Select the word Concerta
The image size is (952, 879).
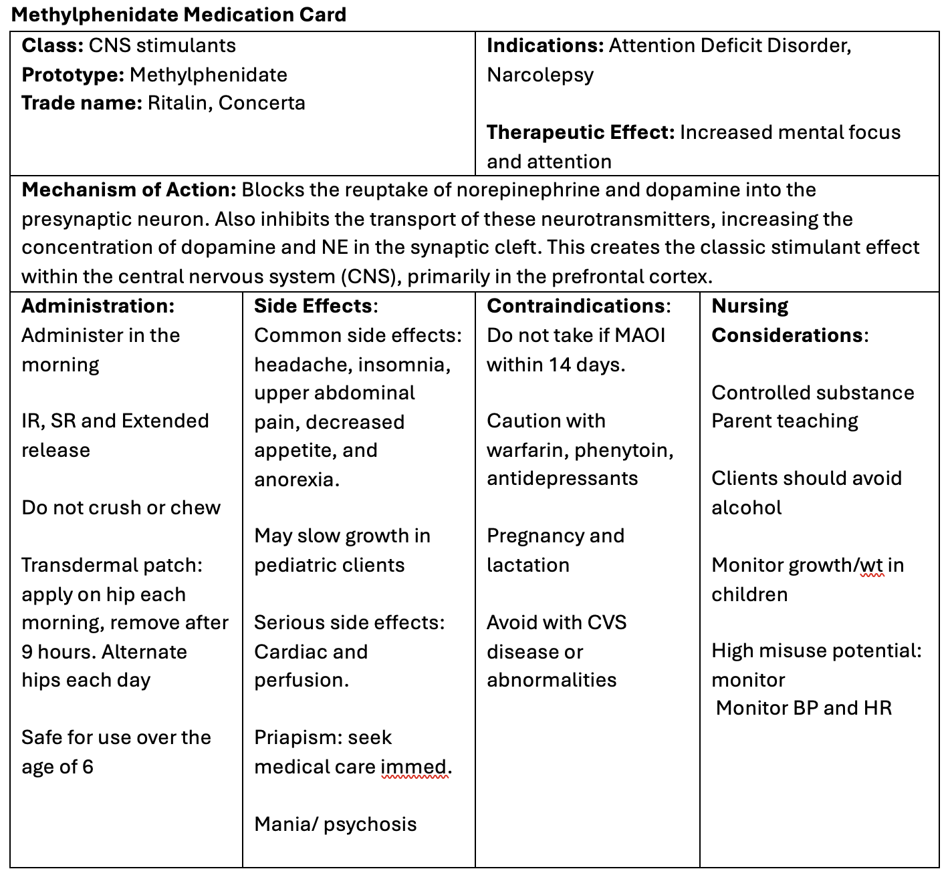(261, 103)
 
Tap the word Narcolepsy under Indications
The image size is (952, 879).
(540, 75)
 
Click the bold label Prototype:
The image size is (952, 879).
(73, 75)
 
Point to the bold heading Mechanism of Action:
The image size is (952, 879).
(129, 190)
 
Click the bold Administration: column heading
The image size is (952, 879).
(98, 306)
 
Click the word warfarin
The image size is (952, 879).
(527, 450)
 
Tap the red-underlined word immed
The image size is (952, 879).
(414, 767)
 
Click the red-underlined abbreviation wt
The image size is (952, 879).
(871, 565)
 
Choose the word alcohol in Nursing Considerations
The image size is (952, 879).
(746, 508)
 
